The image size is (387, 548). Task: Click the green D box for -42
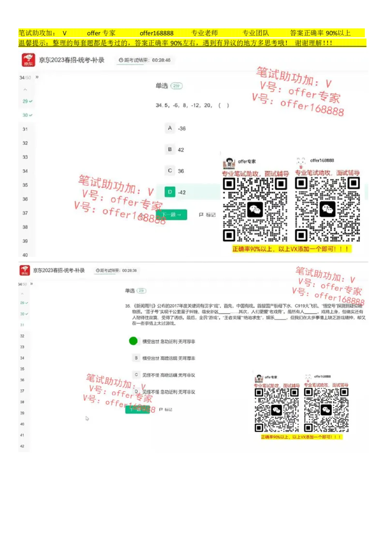pos(170,192)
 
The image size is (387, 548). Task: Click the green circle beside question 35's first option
pos(134,341)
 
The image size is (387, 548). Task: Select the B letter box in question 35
pos(137,358)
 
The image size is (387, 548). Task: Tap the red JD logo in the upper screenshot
pos(28,61)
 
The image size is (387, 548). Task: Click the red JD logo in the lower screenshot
pos(25,271)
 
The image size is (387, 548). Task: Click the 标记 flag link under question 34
pos(208,214)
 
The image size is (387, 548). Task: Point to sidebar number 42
pos(22,446)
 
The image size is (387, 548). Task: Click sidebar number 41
pos(22,435)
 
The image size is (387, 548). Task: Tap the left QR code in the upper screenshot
pos(254,209)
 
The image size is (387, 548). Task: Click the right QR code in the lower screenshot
pos(326,410)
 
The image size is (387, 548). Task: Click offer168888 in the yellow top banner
pos(156,33)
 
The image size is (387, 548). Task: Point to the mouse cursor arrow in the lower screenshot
pos(87,418)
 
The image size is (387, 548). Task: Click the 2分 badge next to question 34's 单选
pos(177,86)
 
